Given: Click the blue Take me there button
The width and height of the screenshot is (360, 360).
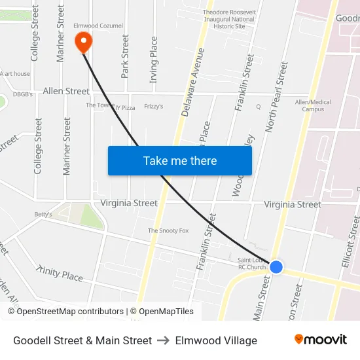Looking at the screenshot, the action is [179, 160].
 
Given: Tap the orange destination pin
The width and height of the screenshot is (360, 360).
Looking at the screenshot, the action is [84, 43].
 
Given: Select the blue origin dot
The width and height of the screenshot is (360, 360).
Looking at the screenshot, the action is [276, 267].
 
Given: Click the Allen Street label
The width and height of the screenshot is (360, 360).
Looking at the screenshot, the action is [66, 91].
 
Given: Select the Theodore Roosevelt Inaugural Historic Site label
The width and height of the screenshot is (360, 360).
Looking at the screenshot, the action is [228, 19].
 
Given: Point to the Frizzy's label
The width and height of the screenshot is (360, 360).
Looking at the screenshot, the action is [154, 106].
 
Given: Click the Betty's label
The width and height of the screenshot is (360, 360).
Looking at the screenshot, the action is [43, 214].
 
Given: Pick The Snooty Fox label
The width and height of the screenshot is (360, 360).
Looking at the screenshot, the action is [168, 230].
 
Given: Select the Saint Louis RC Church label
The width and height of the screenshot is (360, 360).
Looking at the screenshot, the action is [251, 263].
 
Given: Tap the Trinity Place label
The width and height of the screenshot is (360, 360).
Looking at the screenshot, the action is [60, 274].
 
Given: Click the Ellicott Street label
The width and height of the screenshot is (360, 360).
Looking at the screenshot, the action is [350, 242].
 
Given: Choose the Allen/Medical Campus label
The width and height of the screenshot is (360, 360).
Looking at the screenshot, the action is [313, 105].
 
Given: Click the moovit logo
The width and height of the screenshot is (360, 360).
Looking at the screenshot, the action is [320, 340].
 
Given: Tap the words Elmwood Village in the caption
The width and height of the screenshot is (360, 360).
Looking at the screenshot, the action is [216, 340].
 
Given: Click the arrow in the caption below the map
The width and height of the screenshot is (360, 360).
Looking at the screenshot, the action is [164, 340].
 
